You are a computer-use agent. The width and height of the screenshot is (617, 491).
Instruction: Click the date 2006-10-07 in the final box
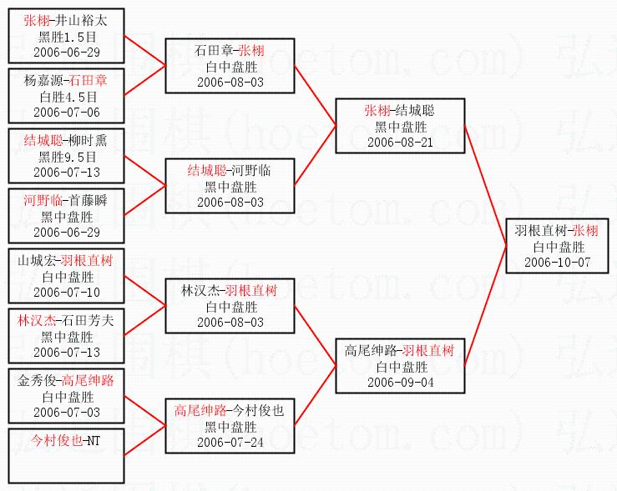tap(558, 262)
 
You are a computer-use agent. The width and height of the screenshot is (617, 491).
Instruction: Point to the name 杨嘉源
tap(43, 81)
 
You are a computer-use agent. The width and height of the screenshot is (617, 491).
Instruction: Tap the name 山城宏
tap(35, 260)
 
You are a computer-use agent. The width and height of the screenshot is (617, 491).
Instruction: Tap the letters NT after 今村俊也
tap(93, 440)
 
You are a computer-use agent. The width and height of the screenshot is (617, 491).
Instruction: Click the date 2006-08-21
tap(399, 142)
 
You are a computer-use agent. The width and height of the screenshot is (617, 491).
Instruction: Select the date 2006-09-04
tap(399, 382)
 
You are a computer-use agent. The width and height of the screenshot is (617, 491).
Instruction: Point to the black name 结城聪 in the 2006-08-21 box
tap(415, 111)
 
